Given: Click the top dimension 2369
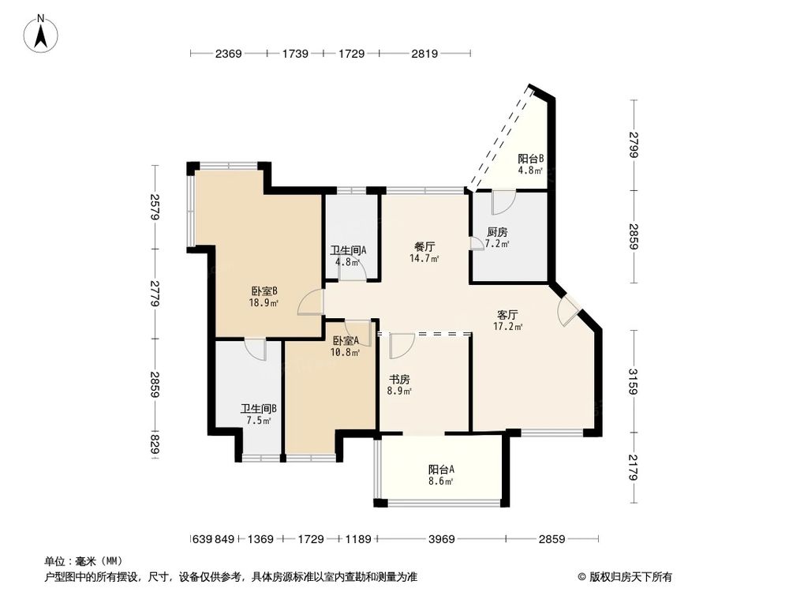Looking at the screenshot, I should (x=227, y=54).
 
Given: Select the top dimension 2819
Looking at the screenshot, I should (x=424, y=54).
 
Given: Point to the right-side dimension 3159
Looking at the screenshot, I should (x=634, y=380).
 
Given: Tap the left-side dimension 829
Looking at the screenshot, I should (x=155, y=446).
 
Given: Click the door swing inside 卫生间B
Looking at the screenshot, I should (x=255, y=349).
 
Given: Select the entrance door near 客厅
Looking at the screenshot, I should (x=567, y=313).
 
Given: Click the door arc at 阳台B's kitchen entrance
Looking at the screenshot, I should (x=500, y=202).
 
